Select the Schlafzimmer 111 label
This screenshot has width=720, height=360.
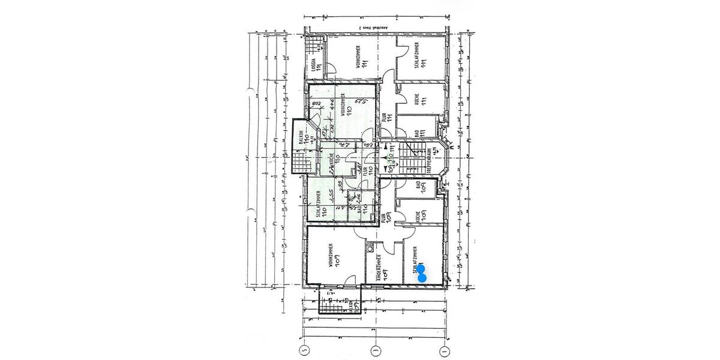(x=421, y=58)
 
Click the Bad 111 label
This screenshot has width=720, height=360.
(x=419, y=130)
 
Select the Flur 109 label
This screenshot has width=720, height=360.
(x=386, y=217)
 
